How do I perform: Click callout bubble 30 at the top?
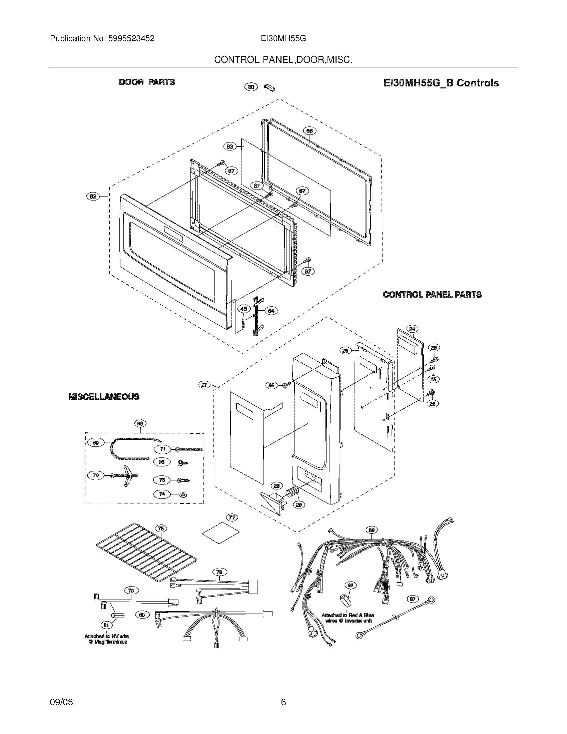coord(250,87)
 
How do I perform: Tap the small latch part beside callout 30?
coord(270,88)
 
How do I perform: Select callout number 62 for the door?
coord(93,196)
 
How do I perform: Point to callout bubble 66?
coord(310,131)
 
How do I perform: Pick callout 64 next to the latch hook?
coord(271,311)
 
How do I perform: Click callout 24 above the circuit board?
coord(412,329)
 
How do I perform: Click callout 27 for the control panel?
coord(204,385)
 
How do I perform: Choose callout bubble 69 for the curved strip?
coord(96,443)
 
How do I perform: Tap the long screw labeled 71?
coord(190,449)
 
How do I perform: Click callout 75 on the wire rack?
coord(161,529)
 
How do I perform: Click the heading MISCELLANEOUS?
coord(104,397)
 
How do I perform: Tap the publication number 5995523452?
coord(131,39)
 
